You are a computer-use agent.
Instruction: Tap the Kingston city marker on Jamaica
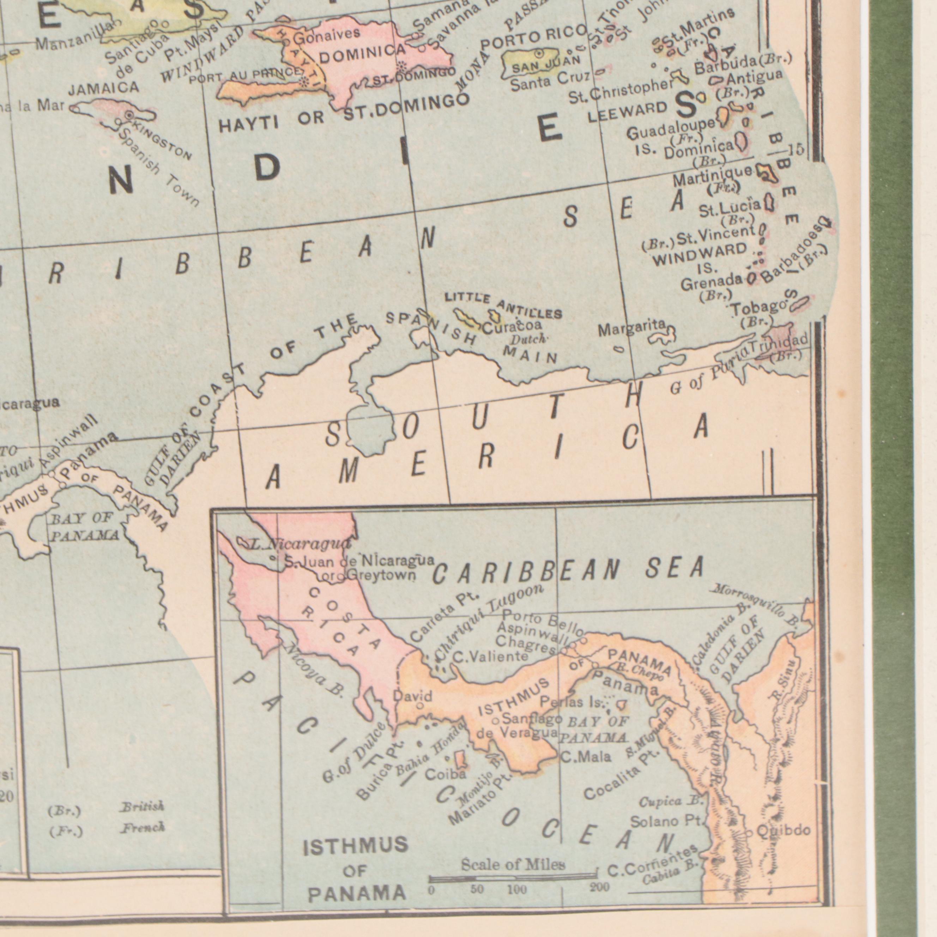(x=129, y=115)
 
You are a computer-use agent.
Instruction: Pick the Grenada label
(x=711, y=282)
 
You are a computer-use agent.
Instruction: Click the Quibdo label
(x=783, y=830)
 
